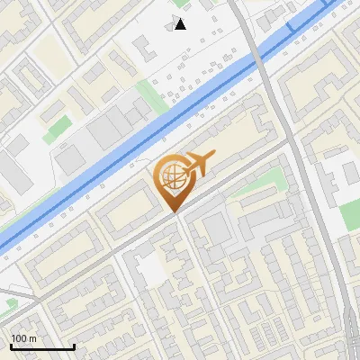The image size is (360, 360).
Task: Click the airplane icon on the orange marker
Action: pyautogui.click(x=199, y=163)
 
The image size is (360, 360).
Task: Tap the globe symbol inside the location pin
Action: pyautogui.click(x=171, y=177)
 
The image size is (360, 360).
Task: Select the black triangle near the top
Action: pyautogui.click(x=181, y=23)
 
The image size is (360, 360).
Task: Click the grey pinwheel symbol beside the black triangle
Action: pyautogui.click(x=171, y=23)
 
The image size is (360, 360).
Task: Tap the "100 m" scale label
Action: pyautogui.click(x=24, y=338)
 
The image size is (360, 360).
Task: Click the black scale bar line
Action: pyautogui.click(x=42, y=346)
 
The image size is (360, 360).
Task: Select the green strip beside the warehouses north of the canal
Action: pyautogui.click(x=154, y=94)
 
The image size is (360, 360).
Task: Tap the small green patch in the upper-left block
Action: pyautogui.click(x=58, y=127)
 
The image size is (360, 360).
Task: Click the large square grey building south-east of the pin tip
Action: pyautogui.click(x=217, y=230)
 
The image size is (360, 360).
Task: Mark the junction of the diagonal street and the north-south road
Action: pyautogui.click(x=290, y=141)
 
